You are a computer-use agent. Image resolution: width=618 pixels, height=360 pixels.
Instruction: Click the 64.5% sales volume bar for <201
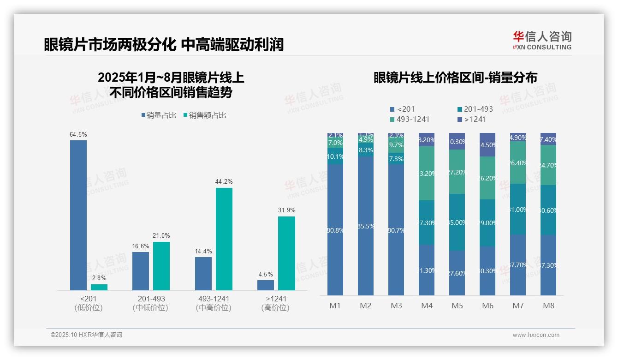pos(78,215)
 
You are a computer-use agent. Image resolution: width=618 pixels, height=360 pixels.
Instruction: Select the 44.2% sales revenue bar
pos(224,239)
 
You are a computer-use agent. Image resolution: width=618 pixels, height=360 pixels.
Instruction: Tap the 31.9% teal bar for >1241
pos(286,253)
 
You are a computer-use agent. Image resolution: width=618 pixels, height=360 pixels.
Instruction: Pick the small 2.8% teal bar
pos(99,287)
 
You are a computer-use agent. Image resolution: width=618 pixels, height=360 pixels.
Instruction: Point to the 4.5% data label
pos(266,274)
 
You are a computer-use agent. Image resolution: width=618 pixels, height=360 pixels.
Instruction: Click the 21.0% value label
pos(161,236)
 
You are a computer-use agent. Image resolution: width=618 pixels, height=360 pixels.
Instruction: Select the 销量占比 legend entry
pos(159,115)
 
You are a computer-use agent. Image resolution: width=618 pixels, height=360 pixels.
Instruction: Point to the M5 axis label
pos(457,306)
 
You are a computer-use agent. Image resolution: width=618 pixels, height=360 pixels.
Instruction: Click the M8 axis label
pos(548,306)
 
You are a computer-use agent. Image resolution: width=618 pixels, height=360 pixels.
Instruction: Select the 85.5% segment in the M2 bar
pos(366,226)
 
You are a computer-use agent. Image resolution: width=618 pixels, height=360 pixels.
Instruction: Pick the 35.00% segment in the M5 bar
pos(457,222)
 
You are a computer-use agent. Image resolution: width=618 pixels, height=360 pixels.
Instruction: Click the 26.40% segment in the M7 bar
pos(518,162)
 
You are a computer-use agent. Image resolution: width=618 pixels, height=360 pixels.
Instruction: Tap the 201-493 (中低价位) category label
pos(151,303)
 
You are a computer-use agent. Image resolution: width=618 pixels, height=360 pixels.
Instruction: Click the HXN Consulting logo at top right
pos(542,41)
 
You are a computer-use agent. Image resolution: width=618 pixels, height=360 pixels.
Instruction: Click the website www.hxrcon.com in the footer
pos(535,335)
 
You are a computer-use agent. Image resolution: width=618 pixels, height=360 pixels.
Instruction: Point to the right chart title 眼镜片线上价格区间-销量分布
pos(455,78)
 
